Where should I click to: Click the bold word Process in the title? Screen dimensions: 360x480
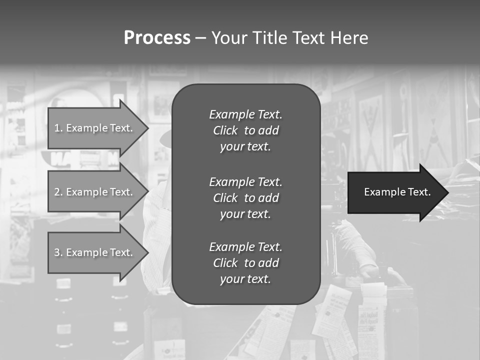(157, 37)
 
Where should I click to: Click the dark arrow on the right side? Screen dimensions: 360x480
(395, 192)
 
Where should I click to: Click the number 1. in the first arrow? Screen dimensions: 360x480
(58, 128)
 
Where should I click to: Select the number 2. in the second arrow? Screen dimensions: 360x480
(58, 192)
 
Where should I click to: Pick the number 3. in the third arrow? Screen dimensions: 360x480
(58, 252)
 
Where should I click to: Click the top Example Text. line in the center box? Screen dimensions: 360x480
(245, 114)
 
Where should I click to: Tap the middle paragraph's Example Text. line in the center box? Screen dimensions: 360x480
(245, 182)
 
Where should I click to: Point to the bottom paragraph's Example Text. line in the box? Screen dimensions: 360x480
(245, 247)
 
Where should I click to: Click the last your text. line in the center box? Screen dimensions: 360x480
(245, 279)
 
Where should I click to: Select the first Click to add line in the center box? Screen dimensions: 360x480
(245, 130)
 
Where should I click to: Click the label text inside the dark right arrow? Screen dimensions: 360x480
(397, 192)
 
